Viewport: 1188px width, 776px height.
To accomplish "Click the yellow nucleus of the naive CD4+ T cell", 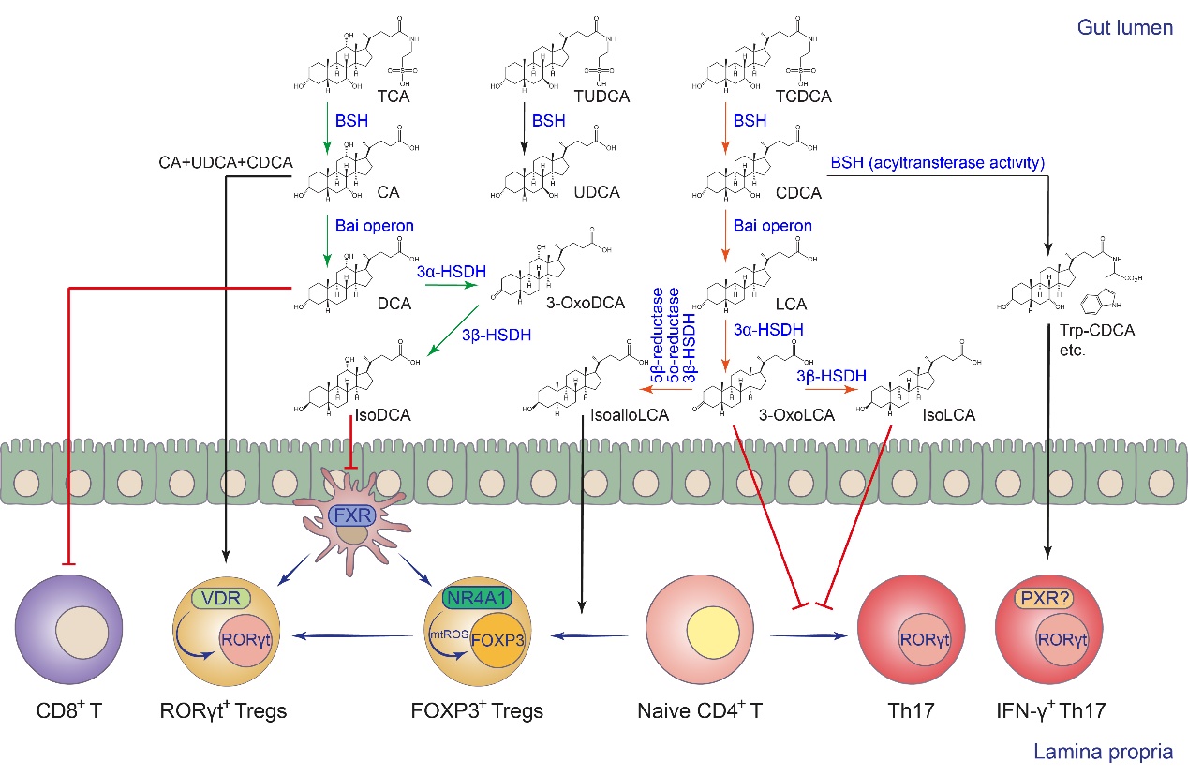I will (x=702, y=633).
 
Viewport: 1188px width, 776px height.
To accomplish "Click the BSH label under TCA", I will (x=353, y=121).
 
